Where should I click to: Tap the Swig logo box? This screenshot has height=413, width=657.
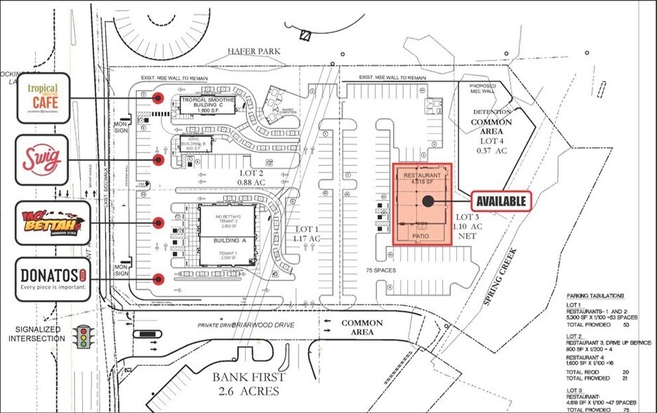(42, 159)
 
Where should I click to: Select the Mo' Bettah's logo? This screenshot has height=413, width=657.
(52, 223)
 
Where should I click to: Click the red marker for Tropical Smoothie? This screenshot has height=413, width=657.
(159, 98)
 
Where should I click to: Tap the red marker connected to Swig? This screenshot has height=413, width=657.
(159, 160)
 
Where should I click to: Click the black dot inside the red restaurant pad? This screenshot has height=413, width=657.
(427, 202)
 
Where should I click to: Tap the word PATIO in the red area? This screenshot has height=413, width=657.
(420, 237)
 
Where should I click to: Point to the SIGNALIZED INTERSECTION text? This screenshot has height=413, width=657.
(36, 334)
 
